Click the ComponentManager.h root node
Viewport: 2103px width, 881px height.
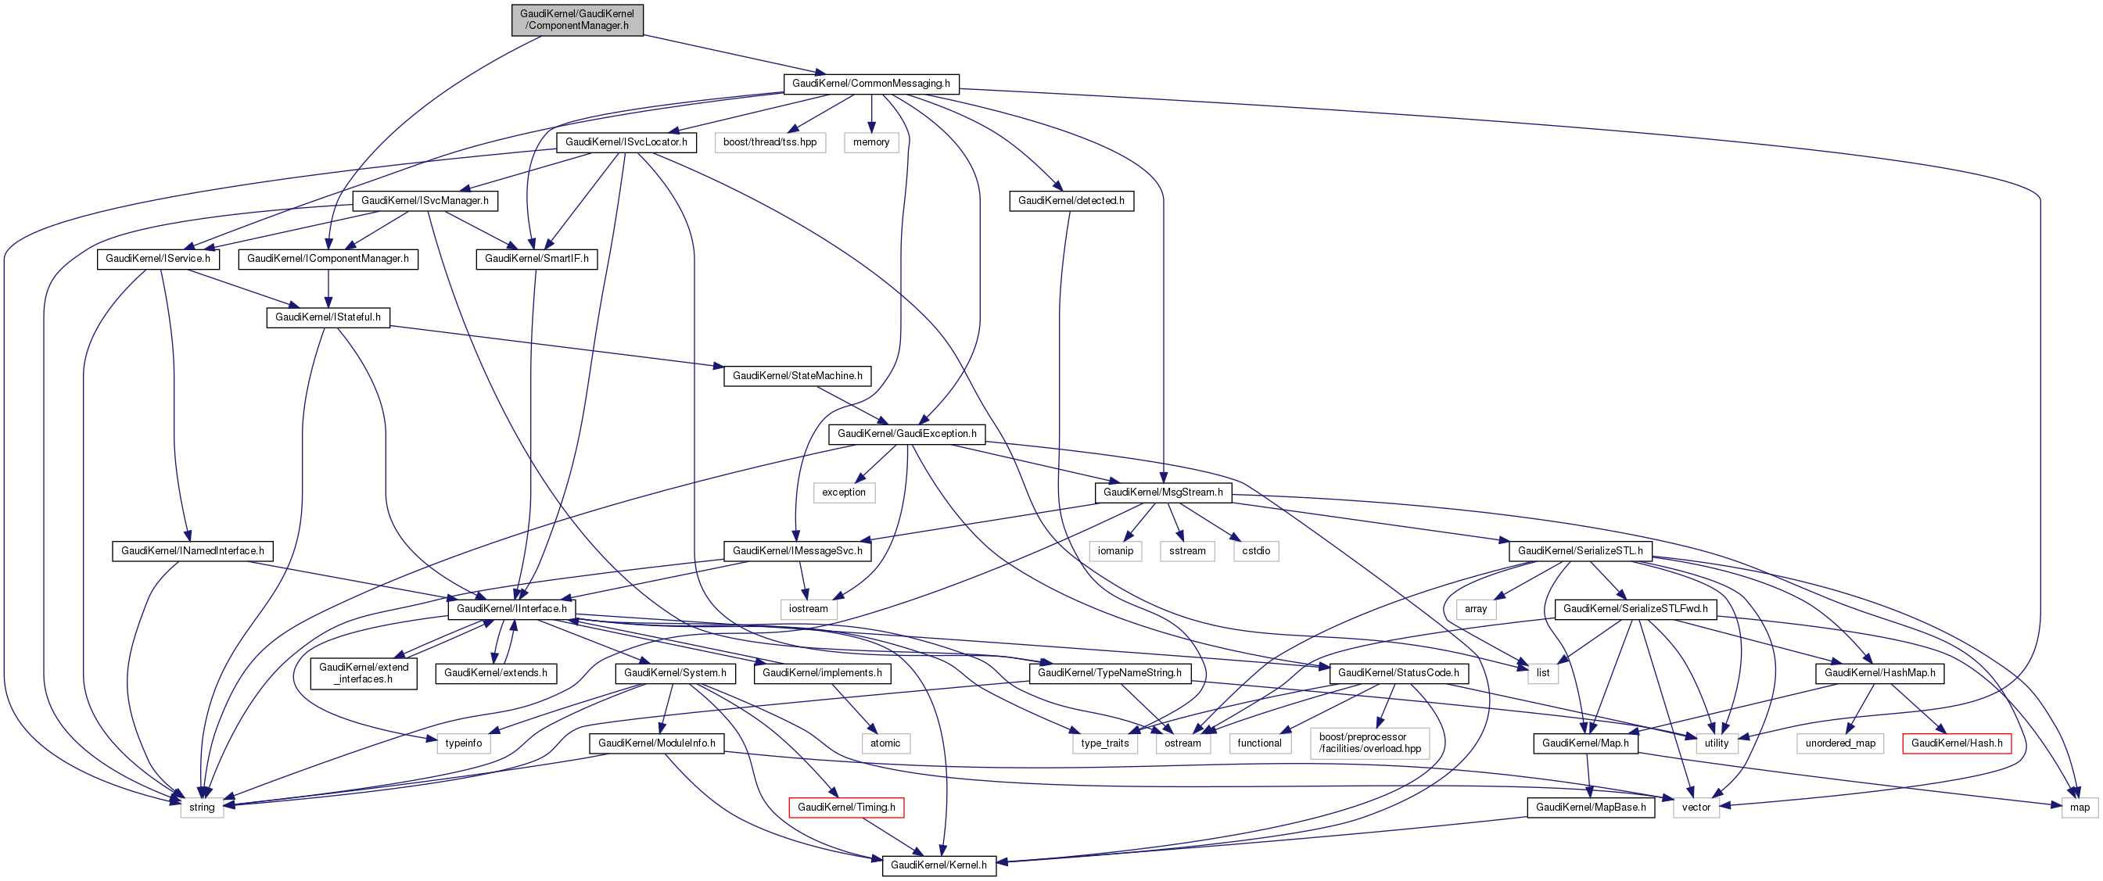click(x=577, y=20)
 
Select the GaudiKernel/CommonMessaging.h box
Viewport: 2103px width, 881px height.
click(x=871, y=83)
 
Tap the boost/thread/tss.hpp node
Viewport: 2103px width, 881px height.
click(x=770, y=142)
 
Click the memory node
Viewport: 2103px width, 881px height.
click(x=871, y=142)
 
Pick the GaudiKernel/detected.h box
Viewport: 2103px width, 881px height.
click(x=1071, y=201)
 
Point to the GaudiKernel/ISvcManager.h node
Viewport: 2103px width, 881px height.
click(x=425, y=201)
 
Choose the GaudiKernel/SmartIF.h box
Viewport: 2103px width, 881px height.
click(x=537, y=259)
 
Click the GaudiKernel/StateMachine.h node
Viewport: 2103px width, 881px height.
click(x=797, y=376)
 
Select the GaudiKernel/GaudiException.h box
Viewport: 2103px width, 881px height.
click(x=906, y=434)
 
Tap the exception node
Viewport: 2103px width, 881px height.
click(x=843, y=492)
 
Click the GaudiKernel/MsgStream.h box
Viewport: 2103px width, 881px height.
click(x=1162, y=492)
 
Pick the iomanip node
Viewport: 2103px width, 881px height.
click(x=1115, y=551)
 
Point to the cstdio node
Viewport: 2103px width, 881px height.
click(x=1255, y=551)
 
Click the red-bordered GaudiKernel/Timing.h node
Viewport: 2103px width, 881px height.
click(x=845, y=808)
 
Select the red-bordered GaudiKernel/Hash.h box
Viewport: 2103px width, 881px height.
click(x=1956, y=743)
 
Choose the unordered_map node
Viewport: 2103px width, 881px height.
click(x=1840, y=743)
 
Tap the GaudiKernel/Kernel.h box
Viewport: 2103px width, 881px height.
click(x=938, y=865)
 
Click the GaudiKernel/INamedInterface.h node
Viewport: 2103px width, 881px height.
click(x=192, y=551)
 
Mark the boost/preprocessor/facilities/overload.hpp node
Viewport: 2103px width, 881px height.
click(x=1370, y=743)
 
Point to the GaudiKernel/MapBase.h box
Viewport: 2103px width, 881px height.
click(x=1590, y=808)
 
